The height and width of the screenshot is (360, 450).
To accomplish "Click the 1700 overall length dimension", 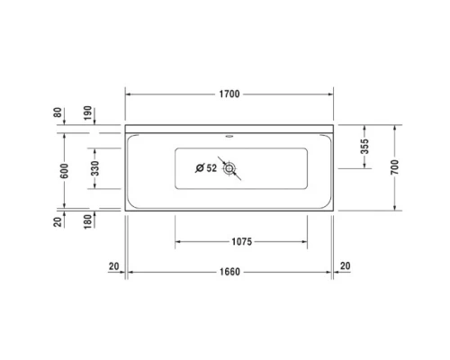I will [x=229, y=94].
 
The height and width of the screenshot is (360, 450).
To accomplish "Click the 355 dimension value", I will [x=364, y=147].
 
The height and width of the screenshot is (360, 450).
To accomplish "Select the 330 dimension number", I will [x=94, y=167].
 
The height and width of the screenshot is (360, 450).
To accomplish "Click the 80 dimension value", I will [x=58, y=113].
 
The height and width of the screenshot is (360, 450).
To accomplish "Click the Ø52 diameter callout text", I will [x=205, y=167].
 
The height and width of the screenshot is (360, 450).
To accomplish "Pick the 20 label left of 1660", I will [x=113, y=265].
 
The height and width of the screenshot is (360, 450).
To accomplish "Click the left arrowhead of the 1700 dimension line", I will [x=128, y=94].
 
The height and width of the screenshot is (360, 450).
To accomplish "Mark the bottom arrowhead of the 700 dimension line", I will [x=395, y=212].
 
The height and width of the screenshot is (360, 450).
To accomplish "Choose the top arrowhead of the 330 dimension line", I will [x=94, y=146].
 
